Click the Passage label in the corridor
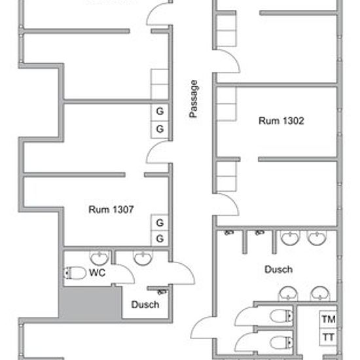point(194,99)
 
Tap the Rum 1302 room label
point(281,121)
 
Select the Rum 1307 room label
point(111,209)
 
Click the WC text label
point(98,272)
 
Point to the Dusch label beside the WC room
point(145,304)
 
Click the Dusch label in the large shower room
point(278,269)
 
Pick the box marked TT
point(328,337)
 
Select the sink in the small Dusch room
point(141,258)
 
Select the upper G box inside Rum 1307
point(159,223)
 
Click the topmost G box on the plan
point(159,112)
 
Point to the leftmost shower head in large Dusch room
point(228,234)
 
